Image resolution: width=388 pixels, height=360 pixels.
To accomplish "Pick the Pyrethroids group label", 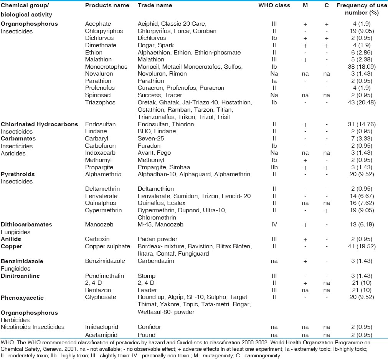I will pos(18,174).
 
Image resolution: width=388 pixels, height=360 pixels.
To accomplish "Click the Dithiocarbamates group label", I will pos(26,225).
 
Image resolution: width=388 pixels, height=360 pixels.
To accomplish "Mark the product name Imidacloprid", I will pos(101,327).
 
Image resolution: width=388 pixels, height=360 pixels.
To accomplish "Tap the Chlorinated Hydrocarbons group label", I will pos(40,124).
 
